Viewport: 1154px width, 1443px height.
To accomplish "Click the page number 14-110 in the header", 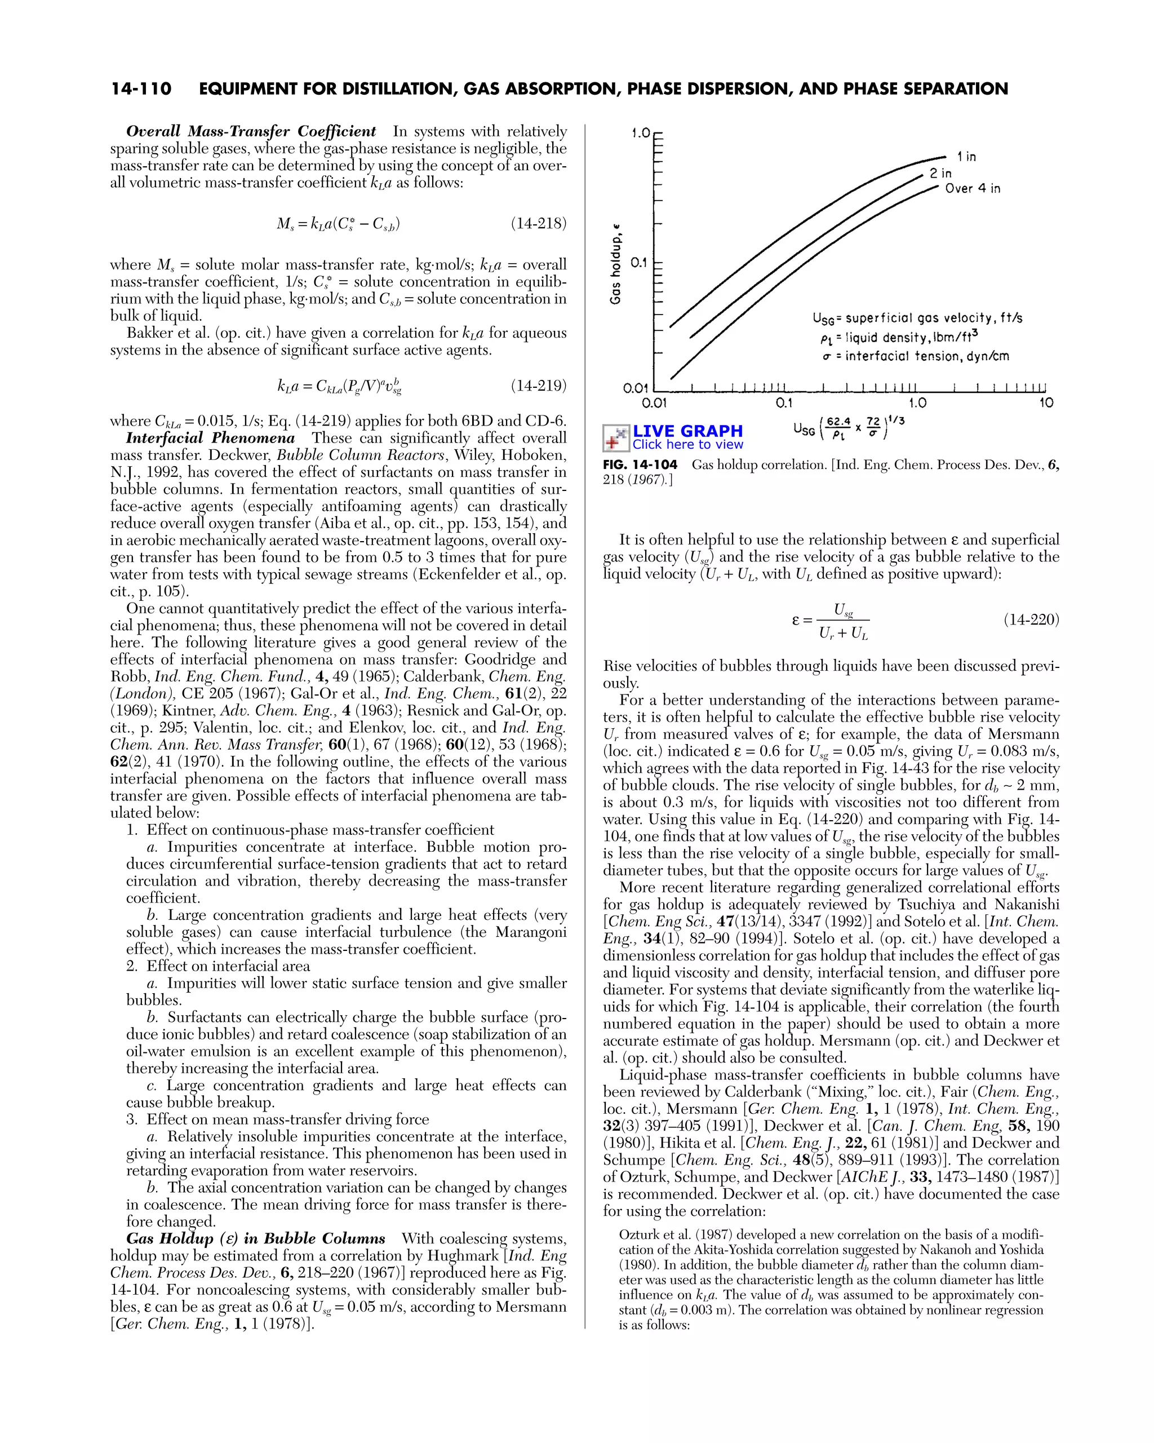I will point(141,89).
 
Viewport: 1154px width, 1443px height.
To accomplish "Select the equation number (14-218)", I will point(539,224).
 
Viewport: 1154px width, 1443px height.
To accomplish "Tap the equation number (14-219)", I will point(539,386).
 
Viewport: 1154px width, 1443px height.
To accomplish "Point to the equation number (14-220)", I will point(1031,619).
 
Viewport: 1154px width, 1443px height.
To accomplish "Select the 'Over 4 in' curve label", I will point(972,189).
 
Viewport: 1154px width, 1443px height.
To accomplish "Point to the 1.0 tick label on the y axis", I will point(640,133).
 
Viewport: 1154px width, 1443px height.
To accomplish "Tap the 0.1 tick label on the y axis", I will point(639,262).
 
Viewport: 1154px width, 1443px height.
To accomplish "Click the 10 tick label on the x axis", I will point(1046,403).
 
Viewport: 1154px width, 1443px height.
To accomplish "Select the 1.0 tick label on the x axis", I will point(917,403).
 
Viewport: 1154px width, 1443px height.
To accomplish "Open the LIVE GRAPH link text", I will point(687,431).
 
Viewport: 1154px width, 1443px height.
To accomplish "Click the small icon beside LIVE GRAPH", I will point(616,437).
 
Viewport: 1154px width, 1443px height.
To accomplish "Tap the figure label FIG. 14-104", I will point(640,464).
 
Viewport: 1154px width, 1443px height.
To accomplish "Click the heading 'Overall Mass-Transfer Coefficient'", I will point(251,131).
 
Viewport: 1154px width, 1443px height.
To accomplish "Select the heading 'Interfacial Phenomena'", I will point(210,439).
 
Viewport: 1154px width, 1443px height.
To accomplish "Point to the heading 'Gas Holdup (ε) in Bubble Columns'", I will point(256,1239).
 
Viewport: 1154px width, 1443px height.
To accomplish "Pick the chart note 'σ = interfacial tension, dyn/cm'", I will point(915,356).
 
